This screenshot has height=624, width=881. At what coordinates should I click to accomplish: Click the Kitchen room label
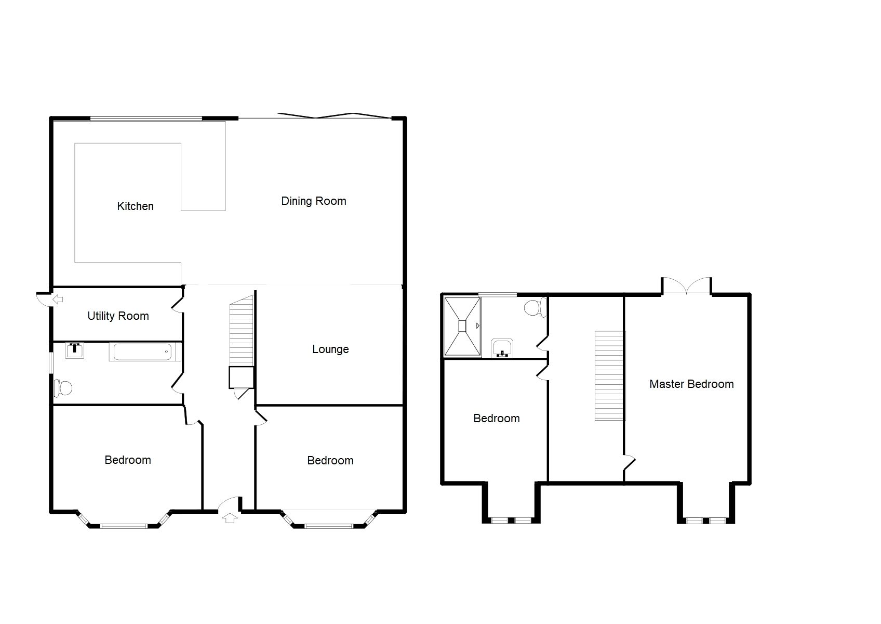[135, 206]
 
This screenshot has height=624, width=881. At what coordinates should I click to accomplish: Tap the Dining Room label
[313, 201]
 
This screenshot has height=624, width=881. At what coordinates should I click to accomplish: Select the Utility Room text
[118, 316]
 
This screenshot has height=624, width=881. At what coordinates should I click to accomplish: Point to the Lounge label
[330, 349]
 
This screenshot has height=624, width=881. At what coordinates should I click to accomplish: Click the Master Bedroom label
[691, 384]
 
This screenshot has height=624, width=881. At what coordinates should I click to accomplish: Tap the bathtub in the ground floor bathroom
[144, 352]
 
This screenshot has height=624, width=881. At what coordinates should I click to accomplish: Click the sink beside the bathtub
[74, 350]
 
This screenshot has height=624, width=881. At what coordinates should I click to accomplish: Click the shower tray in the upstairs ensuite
[462, 326]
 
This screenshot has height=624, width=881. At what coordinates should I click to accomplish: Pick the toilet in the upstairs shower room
[535, 308]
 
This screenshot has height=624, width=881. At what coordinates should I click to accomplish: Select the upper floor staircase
[609, 375]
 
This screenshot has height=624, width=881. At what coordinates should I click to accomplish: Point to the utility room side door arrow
[58, 300]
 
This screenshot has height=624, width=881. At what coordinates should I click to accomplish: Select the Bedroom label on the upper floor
[496, 419]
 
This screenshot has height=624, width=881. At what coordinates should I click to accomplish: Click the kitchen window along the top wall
[145, 119]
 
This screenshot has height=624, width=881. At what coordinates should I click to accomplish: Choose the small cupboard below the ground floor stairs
[241, 378]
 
